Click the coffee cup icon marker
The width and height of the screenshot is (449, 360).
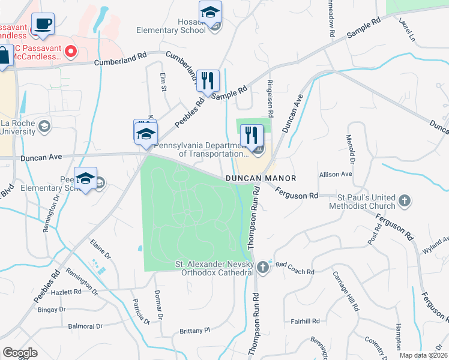[x=43, y=25]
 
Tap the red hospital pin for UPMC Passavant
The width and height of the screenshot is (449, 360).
[x=70, y=52]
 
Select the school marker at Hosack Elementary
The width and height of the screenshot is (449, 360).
[x=210, y=12]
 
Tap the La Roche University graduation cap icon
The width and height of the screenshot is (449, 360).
[x=44, y=127]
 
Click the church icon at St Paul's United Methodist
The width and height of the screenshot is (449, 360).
[x=405, y=200]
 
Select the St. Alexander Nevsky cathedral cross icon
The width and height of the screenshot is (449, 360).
[x=263, y=266]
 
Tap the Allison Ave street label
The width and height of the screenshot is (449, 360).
[x=336, y=174]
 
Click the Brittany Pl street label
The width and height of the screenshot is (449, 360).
[x=196, y=331]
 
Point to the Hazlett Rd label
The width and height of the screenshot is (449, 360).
[x=66, y=292]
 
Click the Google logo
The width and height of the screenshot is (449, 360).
[x=20, y=353]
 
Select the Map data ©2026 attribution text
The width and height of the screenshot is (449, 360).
[x=423, y=355]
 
